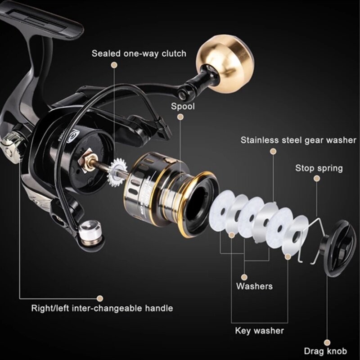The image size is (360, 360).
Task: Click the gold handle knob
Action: [225, 64]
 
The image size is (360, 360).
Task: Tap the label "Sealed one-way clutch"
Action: [139, 54]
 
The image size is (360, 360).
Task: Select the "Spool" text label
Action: [183, 106]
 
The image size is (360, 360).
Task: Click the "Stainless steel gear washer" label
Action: [298, 140]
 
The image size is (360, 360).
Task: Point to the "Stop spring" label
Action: [319, 168]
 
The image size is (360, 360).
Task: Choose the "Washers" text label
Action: [254, 286]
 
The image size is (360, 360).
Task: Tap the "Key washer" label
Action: [260, 331]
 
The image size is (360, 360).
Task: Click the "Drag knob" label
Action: [325, 351]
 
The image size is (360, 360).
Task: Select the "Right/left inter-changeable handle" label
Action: [102, 308]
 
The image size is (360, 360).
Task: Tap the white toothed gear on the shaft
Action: [117, 172]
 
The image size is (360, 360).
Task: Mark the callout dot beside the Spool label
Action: [181, 117]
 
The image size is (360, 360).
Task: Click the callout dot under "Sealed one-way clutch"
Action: [114, 65]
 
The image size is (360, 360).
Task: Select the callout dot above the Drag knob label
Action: [327, 343]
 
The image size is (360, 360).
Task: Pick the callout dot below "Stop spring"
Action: [317, 179]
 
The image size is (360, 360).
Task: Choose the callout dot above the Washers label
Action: [245, 277]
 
